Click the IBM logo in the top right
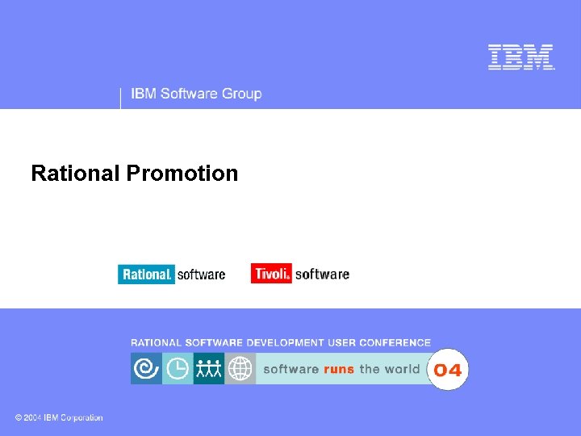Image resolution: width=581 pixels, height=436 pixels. pos(521,57)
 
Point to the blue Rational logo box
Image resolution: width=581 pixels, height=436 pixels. pos(146,275)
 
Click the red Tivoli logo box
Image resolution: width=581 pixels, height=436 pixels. pos(271,274)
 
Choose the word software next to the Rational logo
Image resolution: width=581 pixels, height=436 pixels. pos(201,275)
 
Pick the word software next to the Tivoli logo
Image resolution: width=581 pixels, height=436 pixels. pos(322,274)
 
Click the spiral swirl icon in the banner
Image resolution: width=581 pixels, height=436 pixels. pos(146,369)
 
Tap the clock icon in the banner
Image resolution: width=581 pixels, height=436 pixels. pos(178,369)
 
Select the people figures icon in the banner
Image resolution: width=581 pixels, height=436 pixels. pos(208,369)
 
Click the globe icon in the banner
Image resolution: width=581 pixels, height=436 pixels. pos(240,369)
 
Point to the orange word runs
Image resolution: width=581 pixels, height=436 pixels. pos(339,369)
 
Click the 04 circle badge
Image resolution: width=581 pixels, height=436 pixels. pos(447,370)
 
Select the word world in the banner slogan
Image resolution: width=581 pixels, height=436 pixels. pos(401,369)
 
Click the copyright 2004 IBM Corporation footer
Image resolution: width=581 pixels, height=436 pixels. pos(59,417)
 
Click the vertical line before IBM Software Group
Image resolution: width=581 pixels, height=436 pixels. pos(120,97)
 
